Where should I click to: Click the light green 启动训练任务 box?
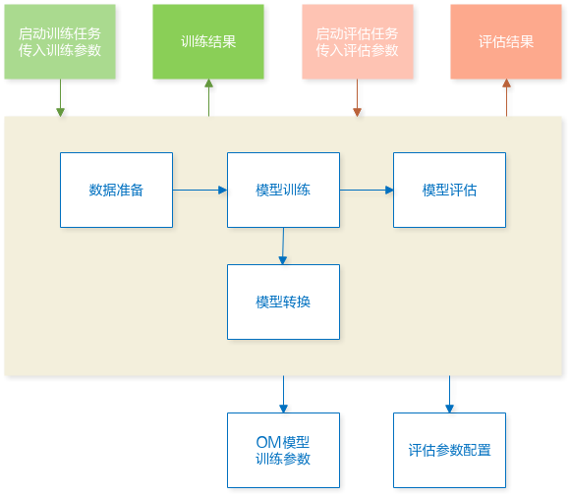pyautogui.click(x=60, y=41)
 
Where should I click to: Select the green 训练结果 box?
pyautogui.click(x=208, y=41)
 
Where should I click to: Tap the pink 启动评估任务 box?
pyautogui.click(x=358, y=41)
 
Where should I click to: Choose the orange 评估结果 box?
pyautogui.click(x=506, y=41)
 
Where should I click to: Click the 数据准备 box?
pyautogui.click(x=116, y=190)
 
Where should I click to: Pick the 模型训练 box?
pyautogui.click(x=284, y=190)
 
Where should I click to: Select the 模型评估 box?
pyautogui.click(x=449, y=190)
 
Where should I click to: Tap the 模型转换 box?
pyautogui.click(x=284, y=302)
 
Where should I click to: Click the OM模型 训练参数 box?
pyautogui.click(x=284, y=451)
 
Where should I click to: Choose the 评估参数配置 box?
pyautogui.click(x=449, y=451)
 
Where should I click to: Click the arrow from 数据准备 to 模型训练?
pyautogui.click(x=199, y=190)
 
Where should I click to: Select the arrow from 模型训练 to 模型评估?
pyautogui.click(x=367, y=190)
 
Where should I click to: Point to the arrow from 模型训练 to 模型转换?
pyautogui.click(x=283, y=246)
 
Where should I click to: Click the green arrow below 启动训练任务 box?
pyautogui.click(x=60, y=97)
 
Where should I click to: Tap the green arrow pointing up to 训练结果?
pyautogui.click(x=208, y=97)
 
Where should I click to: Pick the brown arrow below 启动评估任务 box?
pyautogui.click(x=358, y=97)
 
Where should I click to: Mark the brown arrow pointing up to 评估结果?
pyautogui.click(x=506, y=97)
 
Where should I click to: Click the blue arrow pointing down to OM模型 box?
pyautogui.click(x=284, y=394)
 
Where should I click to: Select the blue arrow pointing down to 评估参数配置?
pyautogui.click(x=450, y=394)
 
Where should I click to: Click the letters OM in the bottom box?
pyautogui.click(x=268, y=442)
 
